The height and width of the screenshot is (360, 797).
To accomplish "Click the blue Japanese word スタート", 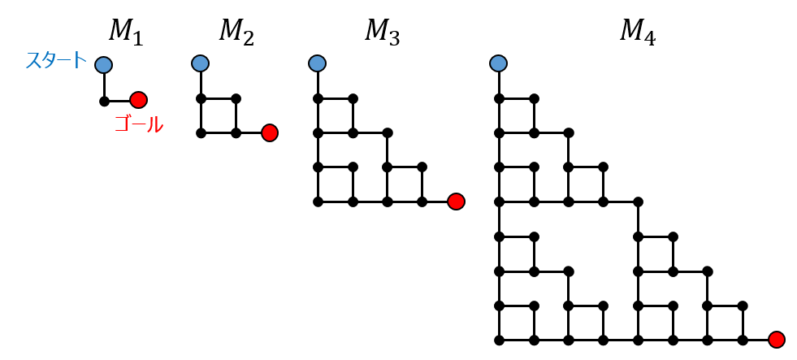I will (x=56, y=61).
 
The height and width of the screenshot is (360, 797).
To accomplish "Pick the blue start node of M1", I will (x=103, y=64).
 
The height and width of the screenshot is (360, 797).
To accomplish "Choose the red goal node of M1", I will (x=138, y=100).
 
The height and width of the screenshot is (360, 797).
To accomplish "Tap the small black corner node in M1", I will (x=104, y=102).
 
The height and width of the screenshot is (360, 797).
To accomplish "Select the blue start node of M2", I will (x=200, y=63).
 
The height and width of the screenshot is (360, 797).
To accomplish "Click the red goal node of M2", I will (x=270, y=132).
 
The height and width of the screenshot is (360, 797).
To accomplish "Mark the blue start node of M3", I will (x=318, y=63).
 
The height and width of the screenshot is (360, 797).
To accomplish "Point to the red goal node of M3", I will (x=456, y=202).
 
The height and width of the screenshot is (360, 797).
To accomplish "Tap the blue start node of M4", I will (x=499, y=63).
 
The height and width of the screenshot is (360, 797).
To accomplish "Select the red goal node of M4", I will (x=776, y=340).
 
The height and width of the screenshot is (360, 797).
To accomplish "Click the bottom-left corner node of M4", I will (x=499, y=340).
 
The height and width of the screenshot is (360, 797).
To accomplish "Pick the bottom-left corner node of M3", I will (x=318, y=202).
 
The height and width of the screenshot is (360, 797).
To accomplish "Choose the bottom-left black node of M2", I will (x=200, y=132).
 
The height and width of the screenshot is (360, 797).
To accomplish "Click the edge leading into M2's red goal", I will (x=249, y=132).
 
